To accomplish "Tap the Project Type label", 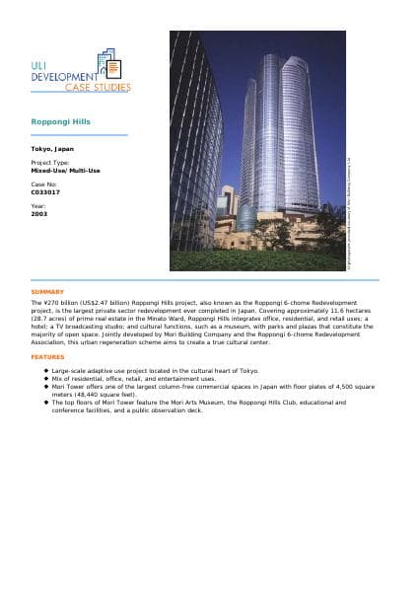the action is (x=50, y=162).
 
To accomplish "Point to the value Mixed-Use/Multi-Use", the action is (x=65, y=170).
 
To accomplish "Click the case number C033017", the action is (x=45, y=191).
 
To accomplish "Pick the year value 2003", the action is (x=39, y=213).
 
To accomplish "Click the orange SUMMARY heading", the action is (x=47, y=292).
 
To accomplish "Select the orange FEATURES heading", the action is (x=47, y=356).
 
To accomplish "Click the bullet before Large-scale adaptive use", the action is (x=46, y=370).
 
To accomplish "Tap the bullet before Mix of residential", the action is (x=46, y=378).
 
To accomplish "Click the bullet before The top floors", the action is (x=46, y=403).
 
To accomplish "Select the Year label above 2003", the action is (x=37, y=205).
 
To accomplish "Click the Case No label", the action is (x=44, y=184).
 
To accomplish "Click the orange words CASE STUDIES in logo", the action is (x=97, y=88).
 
